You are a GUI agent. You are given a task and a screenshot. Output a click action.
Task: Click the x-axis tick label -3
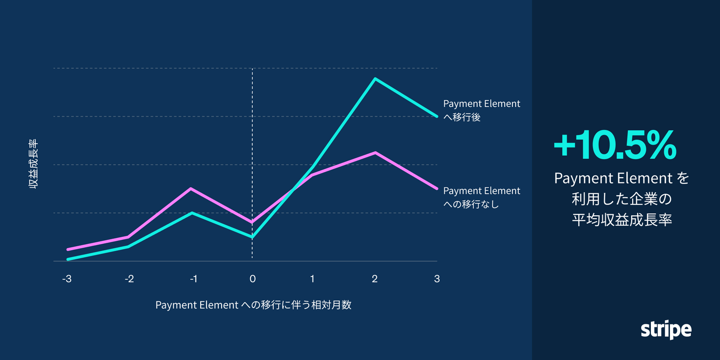67,279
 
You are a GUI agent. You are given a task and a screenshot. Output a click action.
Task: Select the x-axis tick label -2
129,279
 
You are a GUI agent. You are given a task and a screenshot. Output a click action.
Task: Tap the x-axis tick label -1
193,279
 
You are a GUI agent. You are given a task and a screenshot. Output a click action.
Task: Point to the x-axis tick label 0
253,279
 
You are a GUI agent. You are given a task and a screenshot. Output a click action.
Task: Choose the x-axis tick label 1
312,279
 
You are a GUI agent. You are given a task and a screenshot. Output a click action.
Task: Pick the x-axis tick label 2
375,279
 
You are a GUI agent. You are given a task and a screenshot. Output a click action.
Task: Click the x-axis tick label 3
437,279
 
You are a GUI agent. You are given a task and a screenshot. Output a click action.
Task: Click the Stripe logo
666,330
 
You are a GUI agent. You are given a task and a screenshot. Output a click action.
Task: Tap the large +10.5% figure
615,146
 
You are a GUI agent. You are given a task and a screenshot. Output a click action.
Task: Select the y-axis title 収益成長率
33,164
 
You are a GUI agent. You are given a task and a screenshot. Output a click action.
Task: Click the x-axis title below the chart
253,305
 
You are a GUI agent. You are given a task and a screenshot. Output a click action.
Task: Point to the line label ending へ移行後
481,110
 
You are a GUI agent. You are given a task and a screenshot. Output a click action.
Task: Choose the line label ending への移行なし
481,197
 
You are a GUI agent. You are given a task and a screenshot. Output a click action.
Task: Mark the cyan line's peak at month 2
375,78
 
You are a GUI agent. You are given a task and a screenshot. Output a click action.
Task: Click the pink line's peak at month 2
375,153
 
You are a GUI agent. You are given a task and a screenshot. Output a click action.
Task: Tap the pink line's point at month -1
191,188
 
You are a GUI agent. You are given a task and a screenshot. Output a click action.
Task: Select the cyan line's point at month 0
252,237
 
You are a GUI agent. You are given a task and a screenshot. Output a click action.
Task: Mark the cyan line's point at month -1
192,213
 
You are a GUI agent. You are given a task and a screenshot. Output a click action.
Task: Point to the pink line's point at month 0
252,222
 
